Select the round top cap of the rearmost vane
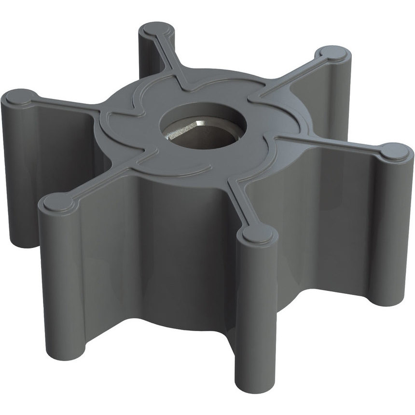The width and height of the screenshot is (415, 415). (157, 30)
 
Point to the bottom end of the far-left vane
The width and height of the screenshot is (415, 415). (22, 241)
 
